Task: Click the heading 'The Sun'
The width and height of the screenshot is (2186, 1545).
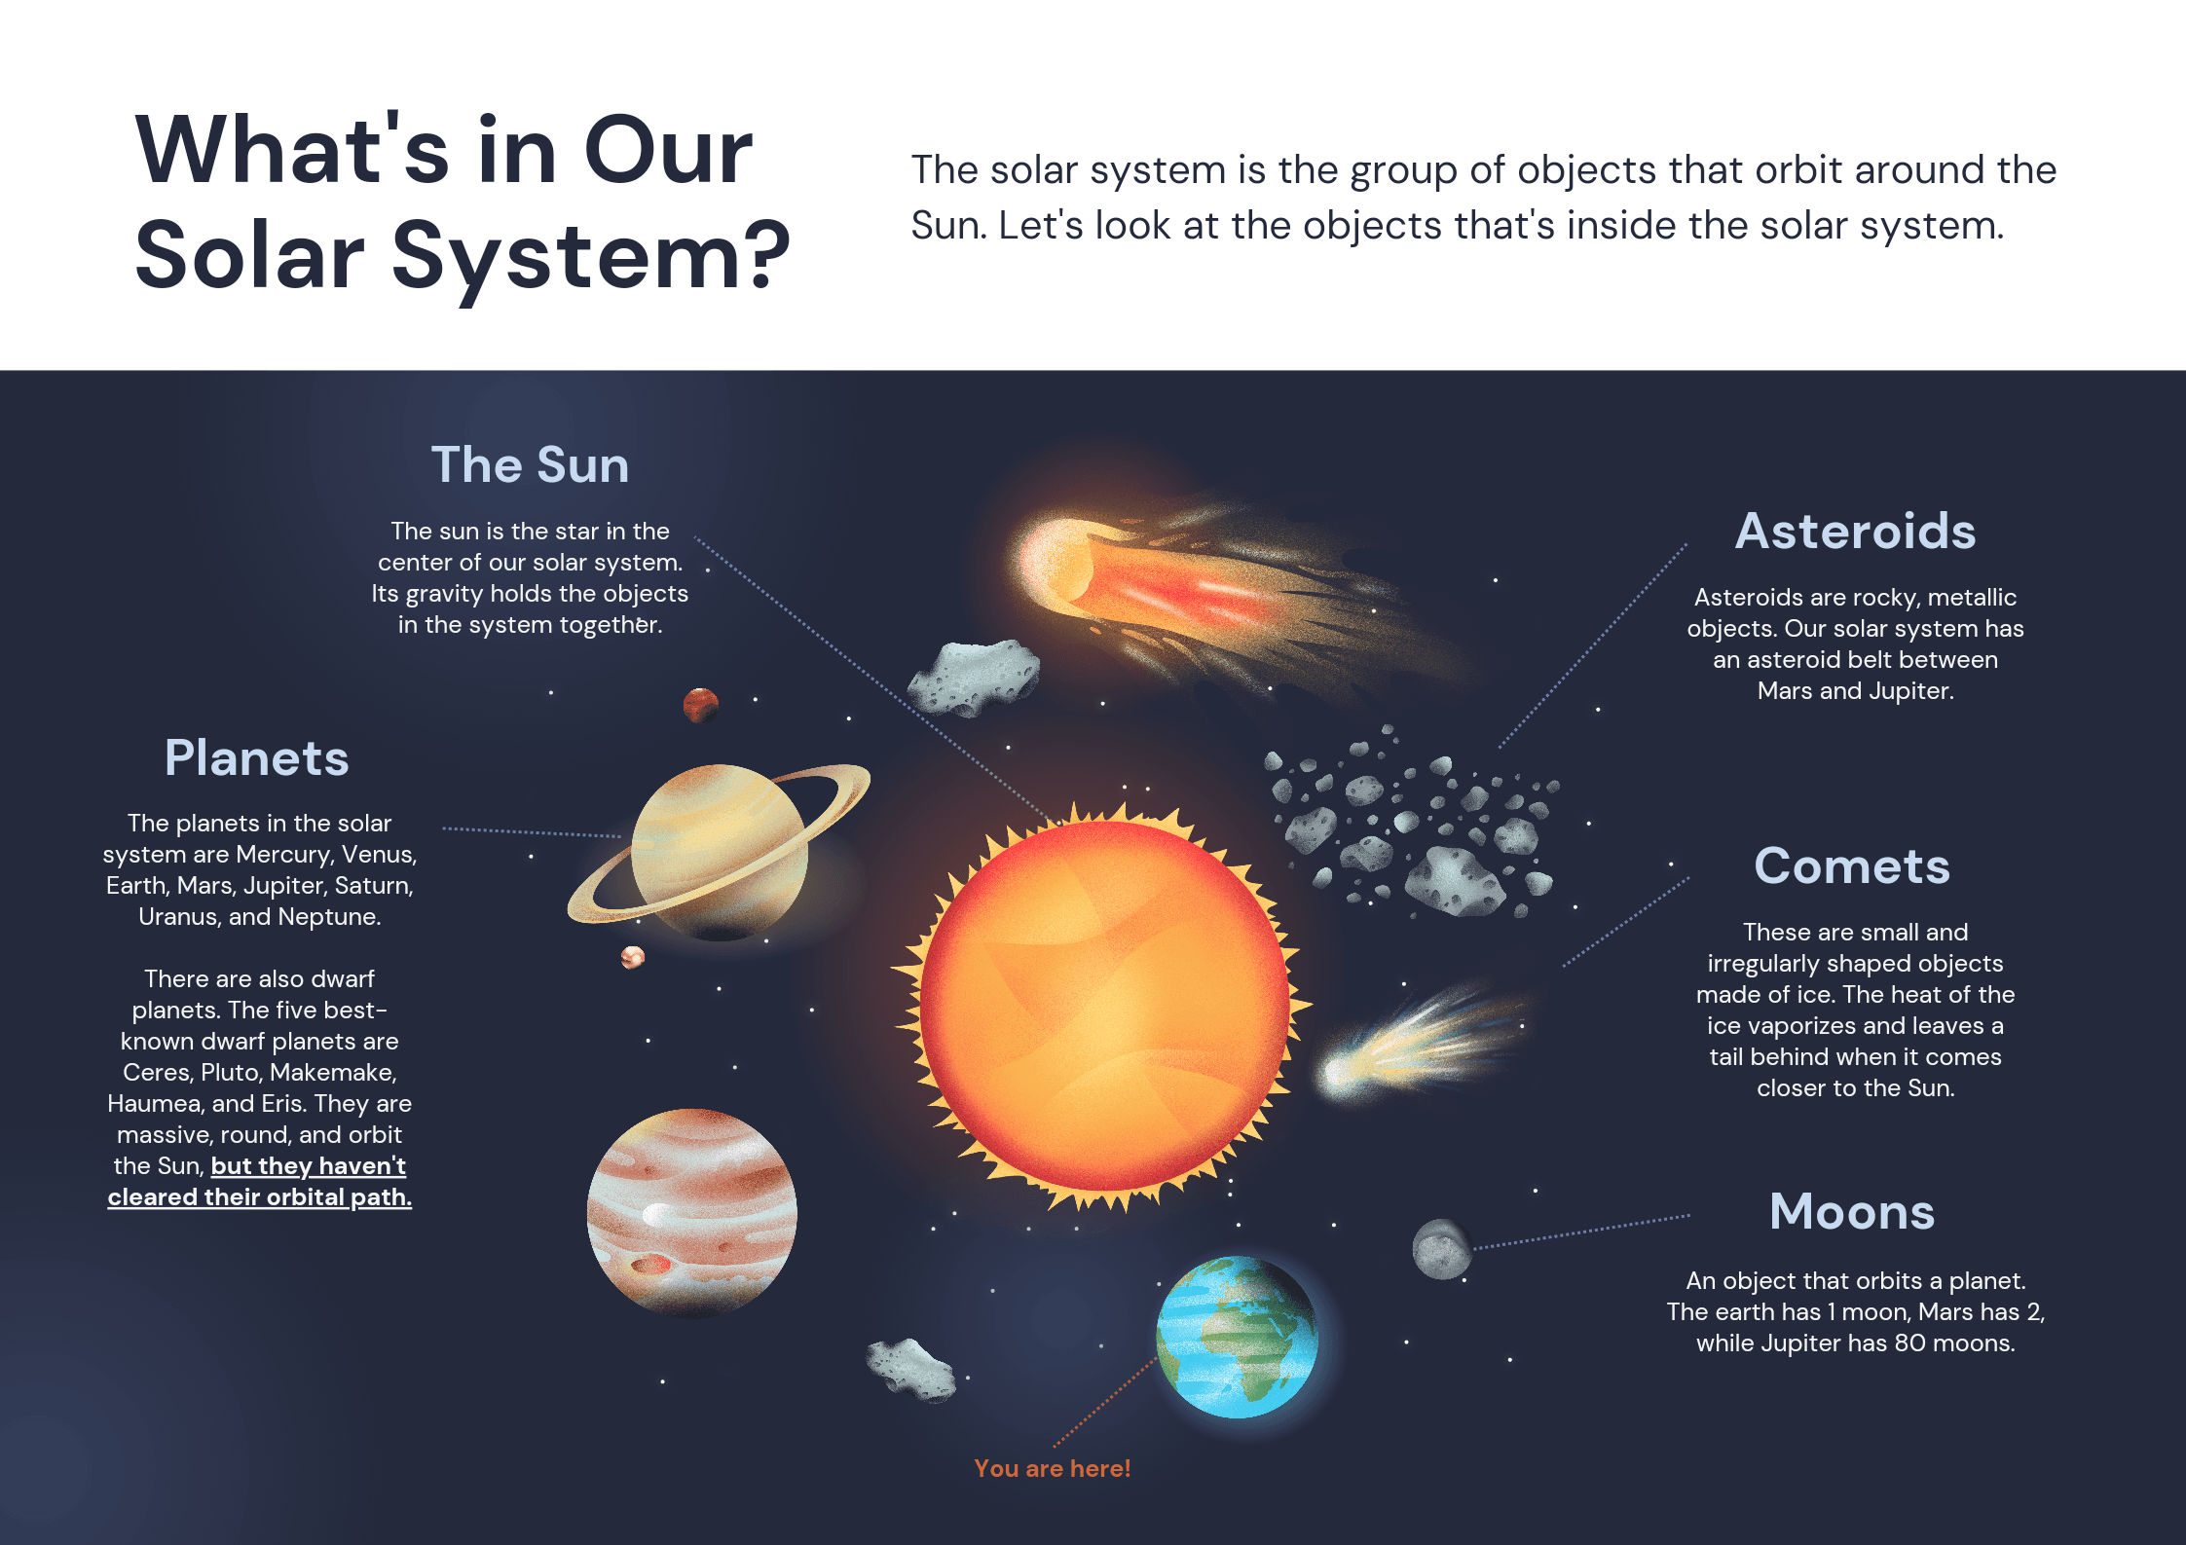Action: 530,464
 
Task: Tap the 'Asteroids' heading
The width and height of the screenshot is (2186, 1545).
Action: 1855,532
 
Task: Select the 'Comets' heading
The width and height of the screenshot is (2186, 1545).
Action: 1851,865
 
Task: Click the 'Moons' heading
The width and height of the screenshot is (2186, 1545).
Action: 1851,1211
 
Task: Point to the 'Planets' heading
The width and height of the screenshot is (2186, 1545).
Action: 256,757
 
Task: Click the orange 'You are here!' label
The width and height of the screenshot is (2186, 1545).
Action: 1052,1468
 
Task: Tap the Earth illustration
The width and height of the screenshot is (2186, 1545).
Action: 1237,1337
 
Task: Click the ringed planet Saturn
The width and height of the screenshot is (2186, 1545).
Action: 719,850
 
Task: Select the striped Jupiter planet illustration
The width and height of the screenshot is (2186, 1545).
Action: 691,1212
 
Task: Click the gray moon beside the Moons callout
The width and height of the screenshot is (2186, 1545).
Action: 1441,1249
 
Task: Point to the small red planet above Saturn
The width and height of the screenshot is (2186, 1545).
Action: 700,704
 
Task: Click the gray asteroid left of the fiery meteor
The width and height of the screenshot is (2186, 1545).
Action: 974,677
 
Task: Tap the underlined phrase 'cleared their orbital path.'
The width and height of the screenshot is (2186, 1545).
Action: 259,1196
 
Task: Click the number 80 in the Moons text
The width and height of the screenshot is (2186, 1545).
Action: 1909,1343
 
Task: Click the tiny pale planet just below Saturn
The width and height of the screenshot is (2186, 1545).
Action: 633,958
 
